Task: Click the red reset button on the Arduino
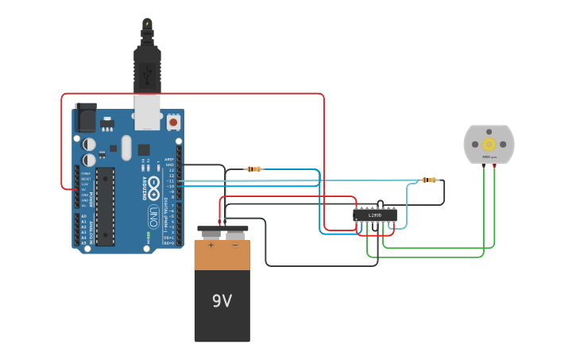(x=173, y=122)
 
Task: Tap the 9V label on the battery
(x=222, y=300)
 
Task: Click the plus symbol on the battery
(x=211, y=245)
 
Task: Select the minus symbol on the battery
(x=235, y=245)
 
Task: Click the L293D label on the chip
(x=374, y=215)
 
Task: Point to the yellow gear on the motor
(x=489, y=144)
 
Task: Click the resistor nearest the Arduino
(x=253, y=169)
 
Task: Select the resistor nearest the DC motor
(x=429, y=180)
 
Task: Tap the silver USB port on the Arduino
(x=147, y=112)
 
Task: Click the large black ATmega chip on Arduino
(x=105, y=207)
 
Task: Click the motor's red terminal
(x=494, y=165)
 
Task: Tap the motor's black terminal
(x=484, y=165)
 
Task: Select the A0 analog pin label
(x=83, y=215)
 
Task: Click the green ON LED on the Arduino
(x=148, y=235)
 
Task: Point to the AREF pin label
(x=169, y=159)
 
